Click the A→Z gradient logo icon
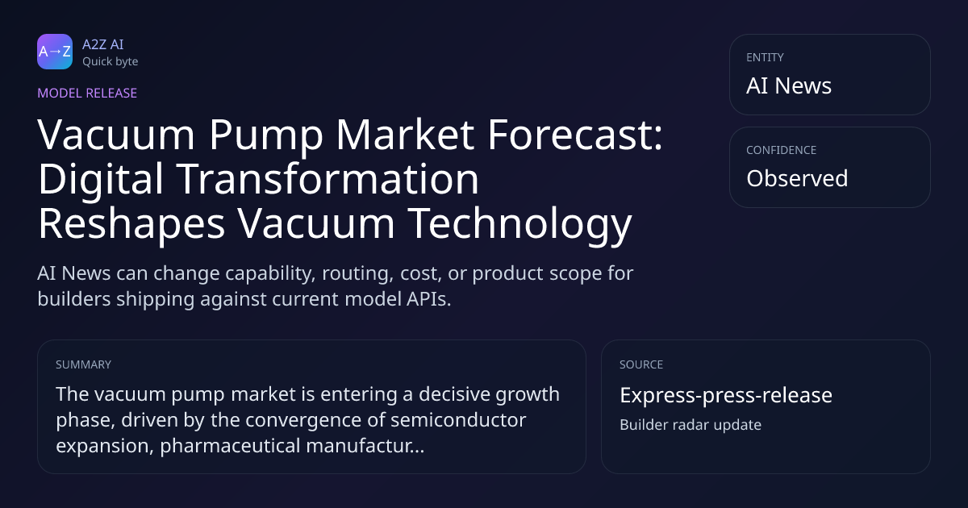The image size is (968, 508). point(55,52)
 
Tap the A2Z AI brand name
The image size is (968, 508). point(103,44)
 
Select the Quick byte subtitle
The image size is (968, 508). point(111,62)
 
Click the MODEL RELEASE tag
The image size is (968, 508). point(87,93)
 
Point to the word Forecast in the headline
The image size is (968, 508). point(575,135)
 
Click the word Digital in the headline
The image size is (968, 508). point(101,179)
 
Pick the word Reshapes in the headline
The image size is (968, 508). point(131,224)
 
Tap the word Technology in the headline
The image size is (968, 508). point(519,224)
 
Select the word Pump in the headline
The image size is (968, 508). point(266,136)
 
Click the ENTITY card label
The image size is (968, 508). point(765,57)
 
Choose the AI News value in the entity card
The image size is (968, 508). point(789,85)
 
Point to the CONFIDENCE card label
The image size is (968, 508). point(782,150)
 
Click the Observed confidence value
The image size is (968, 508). point(797,178)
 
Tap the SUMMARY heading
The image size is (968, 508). point(83,364)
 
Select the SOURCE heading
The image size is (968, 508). point(641,364)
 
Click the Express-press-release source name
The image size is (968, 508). point(726,395)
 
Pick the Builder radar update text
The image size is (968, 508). point(691,425)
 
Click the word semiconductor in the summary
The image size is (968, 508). point(458,420)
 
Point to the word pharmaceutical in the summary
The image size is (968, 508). point(230,446)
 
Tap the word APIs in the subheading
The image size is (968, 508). point(428,299)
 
